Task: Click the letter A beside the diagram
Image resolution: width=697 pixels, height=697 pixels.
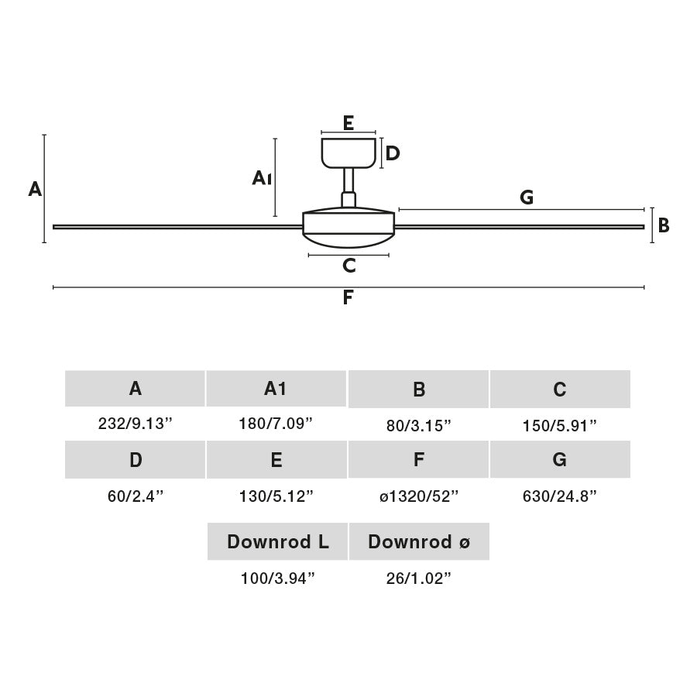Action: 35,189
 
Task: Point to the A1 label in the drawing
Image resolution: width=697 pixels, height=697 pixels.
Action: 262,179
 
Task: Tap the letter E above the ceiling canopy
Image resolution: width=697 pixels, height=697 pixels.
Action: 348,122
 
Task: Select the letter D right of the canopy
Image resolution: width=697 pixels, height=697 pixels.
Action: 393,153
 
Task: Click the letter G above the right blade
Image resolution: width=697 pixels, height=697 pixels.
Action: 527,197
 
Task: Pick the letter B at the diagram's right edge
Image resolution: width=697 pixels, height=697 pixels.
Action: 664,225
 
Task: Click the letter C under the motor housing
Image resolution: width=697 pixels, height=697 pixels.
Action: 349,266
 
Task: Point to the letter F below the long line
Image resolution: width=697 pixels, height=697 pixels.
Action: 348,298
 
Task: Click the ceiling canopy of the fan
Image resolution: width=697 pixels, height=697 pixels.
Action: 348,153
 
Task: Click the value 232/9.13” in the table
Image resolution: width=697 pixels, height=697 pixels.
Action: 135,424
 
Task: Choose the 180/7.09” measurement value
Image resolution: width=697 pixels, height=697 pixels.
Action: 276,423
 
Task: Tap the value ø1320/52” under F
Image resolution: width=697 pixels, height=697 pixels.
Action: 419,496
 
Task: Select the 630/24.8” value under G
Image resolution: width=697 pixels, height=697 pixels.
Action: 560,496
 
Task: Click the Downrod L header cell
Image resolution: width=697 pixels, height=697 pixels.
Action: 277,542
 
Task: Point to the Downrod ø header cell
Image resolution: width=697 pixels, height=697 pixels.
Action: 419,542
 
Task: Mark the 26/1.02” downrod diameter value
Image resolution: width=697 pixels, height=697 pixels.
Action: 419,579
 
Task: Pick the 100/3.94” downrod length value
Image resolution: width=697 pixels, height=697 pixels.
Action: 277,579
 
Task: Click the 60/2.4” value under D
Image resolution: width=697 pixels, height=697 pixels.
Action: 136,496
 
